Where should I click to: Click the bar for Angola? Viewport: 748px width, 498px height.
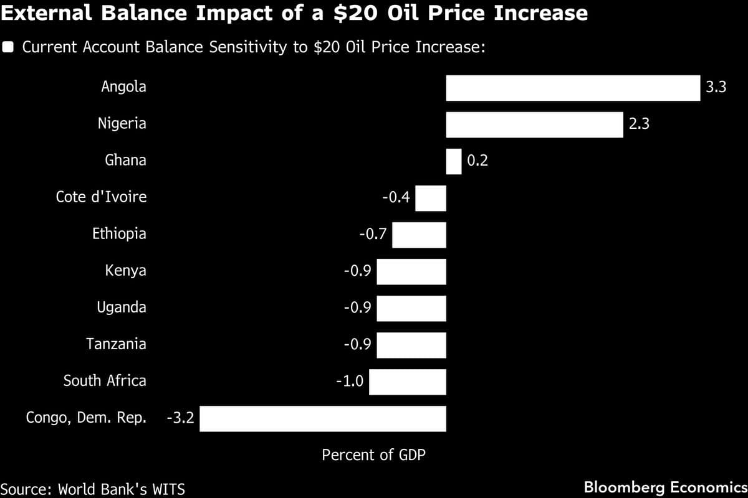(573, 88)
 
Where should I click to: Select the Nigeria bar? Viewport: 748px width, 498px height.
(534, 125)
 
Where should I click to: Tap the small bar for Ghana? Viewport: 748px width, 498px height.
(454, 161)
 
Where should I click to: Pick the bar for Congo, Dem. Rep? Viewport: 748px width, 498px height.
(322, 418)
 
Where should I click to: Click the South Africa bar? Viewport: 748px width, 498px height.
(407, 382)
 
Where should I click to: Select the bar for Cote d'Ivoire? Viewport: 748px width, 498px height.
(431, 198)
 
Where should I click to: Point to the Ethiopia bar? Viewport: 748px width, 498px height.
(419, 235)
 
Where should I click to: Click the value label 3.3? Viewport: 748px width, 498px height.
(716, 88)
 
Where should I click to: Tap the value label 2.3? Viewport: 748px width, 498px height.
(639, 125)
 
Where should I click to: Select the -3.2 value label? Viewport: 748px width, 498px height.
(180, 418)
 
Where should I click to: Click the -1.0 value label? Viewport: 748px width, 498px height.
(349, 382)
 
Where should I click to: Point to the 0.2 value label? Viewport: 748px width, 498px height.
(477, 161)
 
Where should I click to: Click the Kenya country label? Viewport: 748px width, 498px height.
(125, 271)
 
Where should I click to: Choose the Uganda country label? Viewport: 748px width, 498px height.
(122, 308)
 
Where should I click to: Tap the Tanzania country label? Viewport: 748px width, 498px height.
(116, 344)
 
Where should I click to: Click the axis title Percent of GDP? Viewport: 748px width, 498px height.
(373, 455)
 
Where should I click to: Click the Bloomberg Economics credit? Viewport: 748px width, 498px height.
(665, 487)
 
